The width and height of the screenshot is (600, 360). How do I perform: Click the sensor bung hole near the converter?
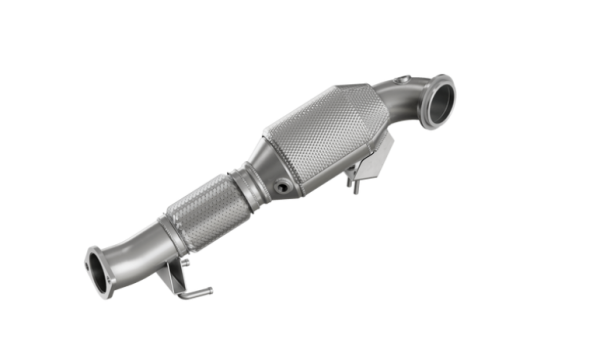pos(285,185)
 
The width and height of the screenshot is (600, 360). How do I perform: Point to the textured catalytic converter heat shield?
pos(325,135)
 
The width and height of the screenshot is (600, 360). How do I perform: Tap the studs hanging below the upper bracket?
pos(352,181)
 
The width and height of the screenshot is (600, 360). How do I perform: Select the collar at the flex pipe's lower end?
pos(172,236)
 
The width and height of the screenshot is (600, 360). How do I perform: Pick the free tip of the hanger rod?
pos(209,293)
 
